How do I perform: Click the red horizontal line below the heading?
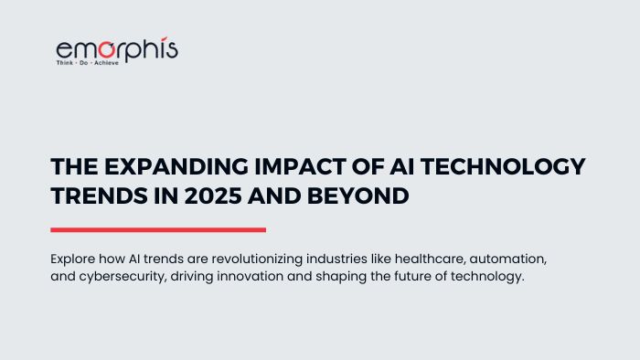pyautogui.click(x=158, y=229)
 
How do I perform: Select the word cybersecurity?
pyautogui.click(x=122, y=277)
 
